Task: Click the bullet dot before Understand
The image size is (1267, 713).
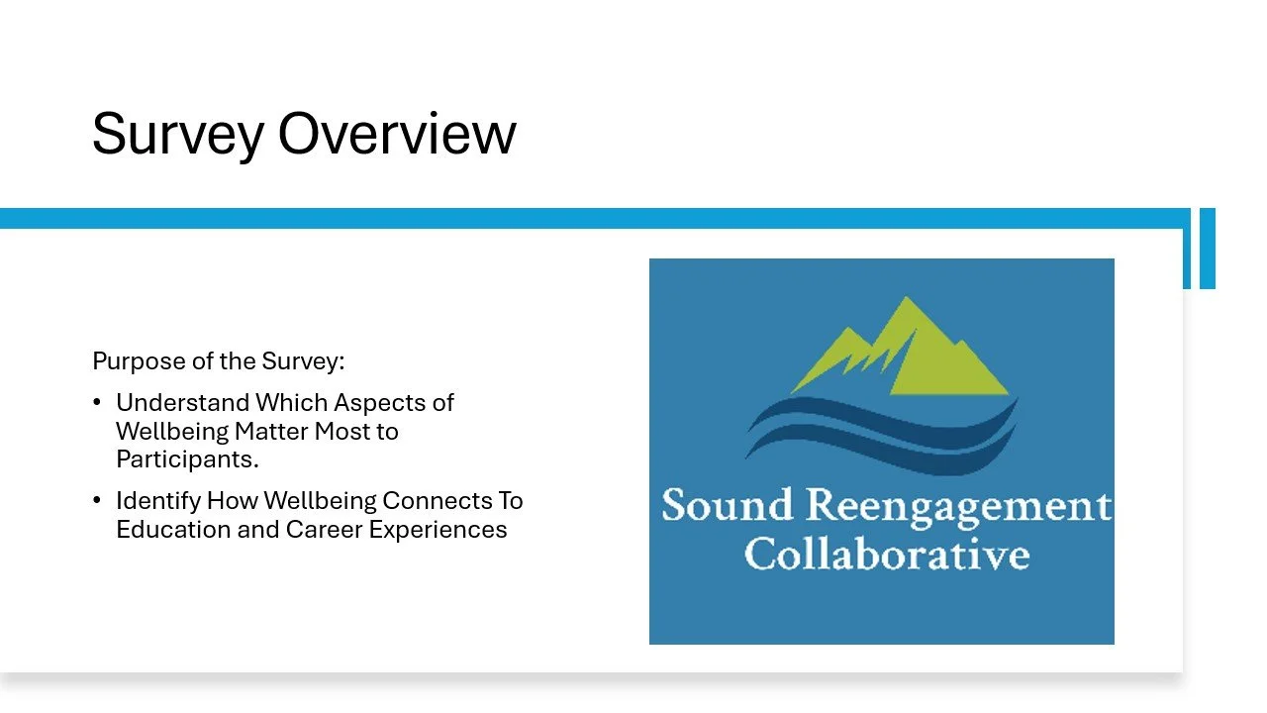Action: pos(96,403)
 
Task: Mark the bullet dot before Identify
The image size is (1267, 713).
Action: pos(96,501)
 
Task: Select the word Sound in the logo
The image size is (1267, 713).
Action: pos(727,506)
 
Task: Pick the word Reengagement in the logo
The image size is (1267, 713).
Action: pos(957,508)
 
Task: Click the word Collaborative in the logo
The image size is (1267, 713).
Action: pos(886,554)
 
